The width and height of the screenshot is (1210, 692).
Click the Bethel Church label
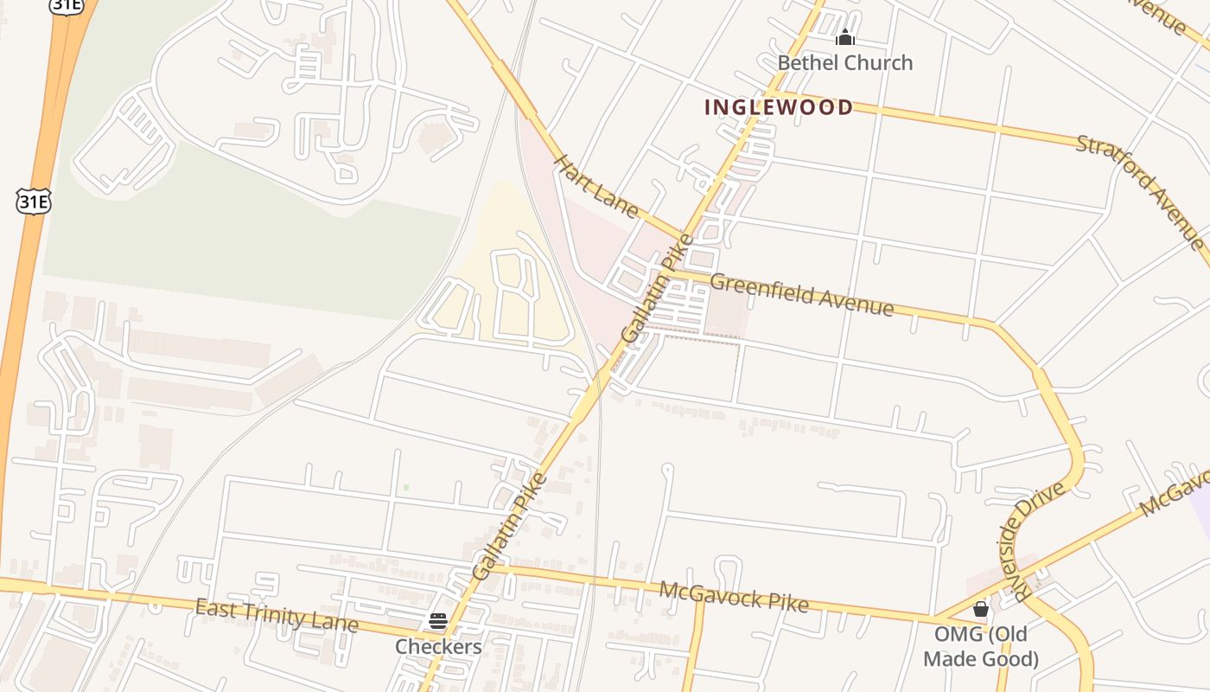(x=844, y=62)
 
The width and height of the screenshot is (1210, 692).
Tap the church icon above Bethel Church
(x=844, y=38)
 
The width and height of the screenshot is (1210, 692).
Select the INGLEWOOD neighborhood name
(x=779, y=107)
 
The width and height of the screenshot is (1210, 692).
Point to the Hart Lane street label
(x=595, y=186)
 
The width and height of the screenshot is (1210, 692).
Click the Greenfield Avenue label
(x=801, y=294)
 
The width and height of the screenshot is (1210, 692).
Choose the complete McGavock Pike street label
(x=734, y=596)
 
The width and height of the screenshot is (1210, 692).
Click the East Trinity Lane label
(x=276, y=615)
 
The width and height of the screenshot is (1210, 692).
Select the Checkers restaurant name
(x=438, y=646)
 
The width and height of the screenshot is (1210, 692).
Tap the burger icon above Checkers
(x=438, y=621)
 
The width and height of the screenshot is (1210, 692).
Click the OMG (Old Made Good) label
(x=980, y=646)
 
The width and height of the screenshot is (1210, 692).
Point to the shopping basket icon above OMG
(x=980, y=610)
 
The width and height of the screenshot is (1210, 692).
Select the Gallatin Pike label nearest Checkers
(x=509, y=527)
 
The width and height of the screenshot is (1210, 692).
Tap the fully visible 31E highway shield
(x=34, y=202)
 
